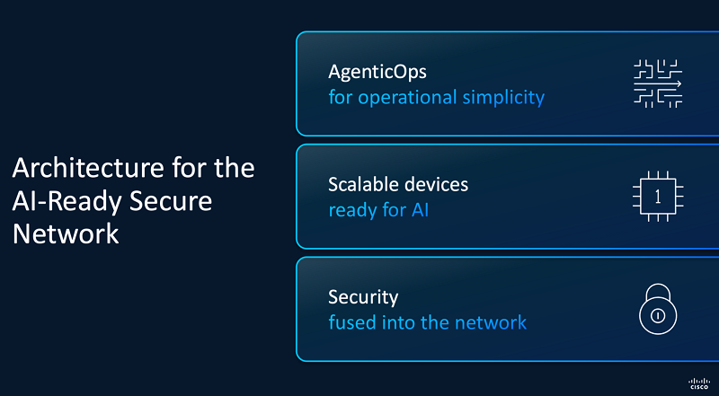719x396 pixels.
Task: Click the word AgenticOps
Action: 377,73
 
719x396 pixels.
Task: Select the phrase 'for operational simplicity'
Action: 437,97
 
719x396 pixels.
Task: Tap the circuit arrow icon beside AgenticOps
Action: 658,84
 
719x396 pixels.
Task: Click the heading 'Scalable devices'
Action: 398,184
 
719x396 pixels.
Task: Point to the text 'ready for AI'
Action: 378,210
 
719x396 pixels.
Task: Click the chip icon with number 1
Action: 658,197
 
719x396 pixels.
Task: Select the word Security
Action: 363,298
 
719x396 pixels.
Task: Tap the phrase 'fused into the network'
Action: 428,322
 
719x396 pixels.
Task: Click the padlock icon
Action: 658,309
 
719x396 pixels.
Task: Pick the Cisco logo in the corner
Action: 699,383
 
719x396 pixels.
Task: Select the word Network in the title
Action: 66,233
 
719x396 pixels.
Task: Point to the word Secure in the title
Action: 171,201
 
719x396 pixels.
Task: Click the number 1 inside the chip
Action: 658,197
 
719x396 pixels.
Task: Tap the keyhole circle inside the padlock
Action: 658,316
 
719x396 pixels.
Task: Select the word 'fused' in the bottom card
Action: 351,322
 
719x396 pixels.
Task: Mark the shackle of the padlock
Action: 658,292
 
